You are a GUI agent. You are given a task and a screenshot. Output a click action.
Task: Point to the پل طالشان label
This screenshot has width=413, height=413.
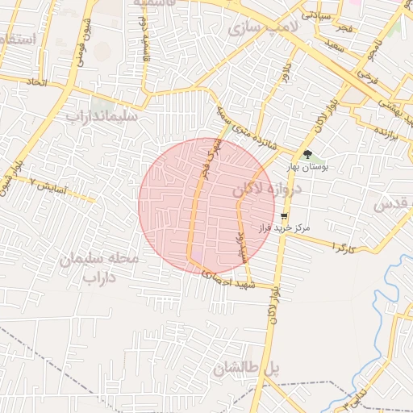pyautogui.click(x=247, y=369)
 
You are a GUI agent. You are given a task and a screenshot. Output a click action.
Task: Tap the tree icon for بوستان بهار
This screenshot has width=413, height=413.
pyautogui.click(x=307, y=154)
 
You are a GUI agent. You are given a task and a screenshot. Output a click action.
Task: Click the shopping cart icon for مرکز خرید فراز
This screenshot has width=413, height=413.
pyautogui.click(x=284, y=216)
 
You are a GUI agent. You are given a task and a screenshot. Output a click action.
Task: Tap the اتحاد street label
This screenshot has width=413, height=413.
pyautogui.click(x=35, y=82)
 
